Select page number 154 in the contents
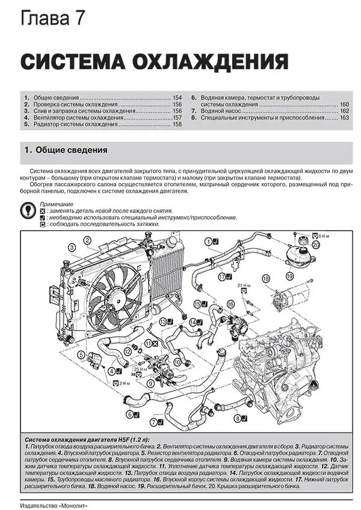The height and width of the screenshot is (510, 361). pyautogui.click(x=177, y=97)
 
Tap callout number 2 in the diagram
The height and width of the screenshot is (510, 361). pyautogui.click(x=88, y=241)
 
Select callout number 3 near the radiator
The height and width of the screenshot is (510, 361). pyautogui.click(x=72, y=247)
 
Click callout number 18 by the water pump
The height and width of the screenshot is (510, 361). pyautogui.click(x=265, y=278)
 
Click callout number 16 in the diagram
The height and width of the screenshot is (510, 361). pyautogui.click(x=230, y=305)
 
